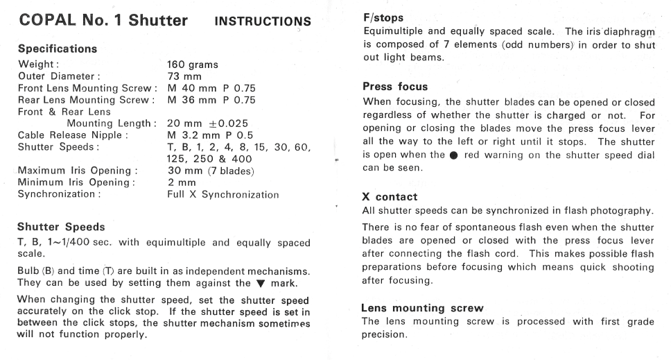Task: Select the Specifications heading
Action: click(58, 49)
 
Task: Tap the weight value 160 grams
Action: click(193, 65)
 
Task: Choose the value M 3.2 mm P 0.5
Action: click(209, 135)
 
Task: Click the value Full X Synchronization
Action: click(223, 194)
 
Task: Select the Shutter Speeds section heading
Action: click(61, 227)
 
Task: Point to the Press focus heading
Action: click(395, 87)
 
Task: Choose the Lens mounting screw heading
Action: click(412, 308)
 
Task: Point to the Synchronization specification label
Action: click(60, 194)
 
